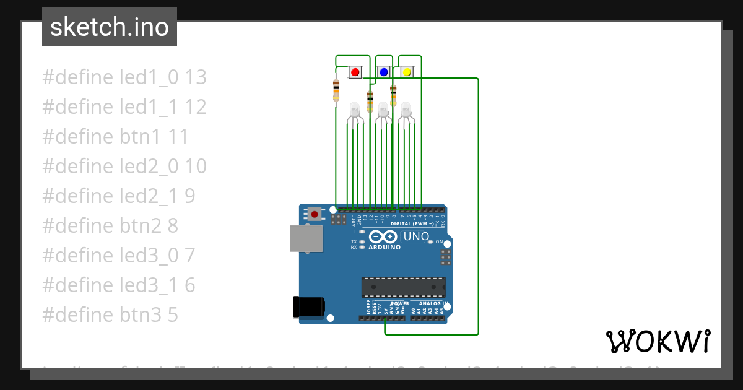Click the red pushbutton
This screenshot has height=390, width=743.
click(x=355, y=72)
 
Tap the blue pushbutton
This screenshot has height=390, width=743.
click(x=383, y=72)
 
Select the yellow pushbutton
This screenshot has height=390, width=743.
click(x=407, y=72)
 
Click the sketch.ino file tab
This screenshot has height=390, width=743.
click(x=110, y=27)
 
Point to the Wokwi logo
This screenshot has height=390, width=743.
click(x=658, y=341)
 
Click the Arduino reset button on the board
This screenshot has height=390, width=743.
click(x=315, y=215)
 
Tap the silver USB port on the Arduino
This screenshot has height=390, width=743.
click(x=306, y=238)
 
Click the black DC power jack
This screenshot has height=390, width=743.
click(x=308, y=306)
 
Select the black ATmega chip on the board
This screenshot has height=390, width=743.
click(x=403, y=287)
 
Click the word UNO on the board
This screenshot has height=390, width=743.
click(x=416, y=236)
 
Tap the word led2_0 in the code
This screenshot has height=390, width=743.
click(x=148, y=167)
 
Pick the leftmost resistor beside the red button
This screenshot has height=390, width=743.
click(x=336, y=90)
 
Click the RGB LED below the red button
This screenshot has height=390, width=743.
click(x=354, y=110)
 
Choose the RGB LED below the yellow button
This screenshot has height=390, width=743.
click(x=406, y=110)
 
